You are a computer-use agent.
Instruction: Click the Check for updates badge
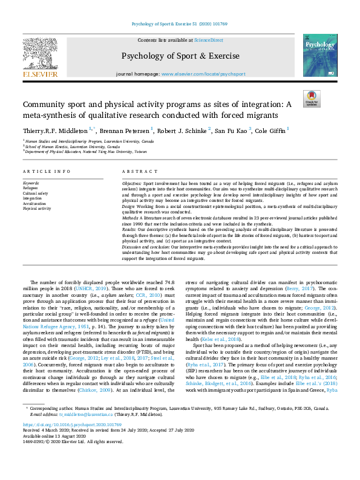coord(311,99)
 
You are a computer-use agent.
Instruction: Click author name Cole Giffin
coord(270,130)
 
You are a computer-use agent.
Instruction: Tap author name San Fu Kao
coord(231,130)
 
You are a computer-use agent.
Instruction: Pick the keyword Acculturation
coord(35,203)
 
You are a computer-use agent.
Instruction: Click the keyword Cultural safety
coord(35,193)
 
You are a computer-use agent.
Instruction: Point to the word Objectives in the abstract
coord(133,182)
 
